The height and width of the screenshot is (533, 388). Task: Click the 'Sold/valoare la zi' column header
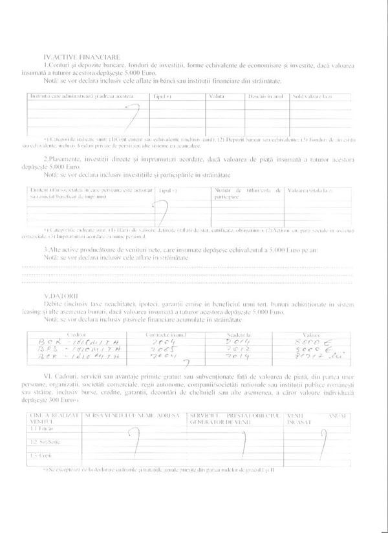coord(312,96)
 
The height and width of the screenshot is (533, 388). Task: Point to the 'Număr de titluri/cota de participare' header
coord(246,193)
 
